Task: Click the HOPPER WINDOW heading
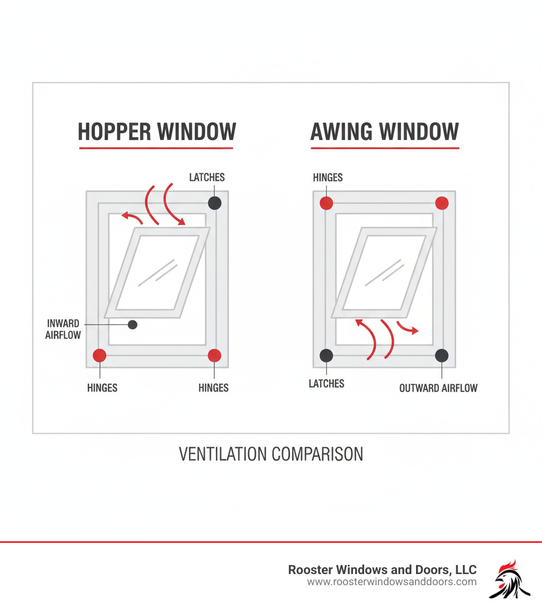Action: click(x=157, y=132)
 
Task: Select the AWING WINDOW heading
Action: click(x=384, y=132)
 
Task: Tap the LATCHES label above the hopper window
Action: click(x=207, y=178)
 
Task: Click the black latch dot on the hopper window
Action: click(x=214, y=203)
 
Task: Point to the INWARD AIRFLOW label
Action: click(x=63, y=329)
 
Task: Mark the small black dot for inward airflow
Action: click(x=133, y=325)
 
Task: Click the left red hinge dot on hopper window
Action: click(x=100, y=355)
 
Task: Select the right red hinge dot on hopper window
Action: click(x=214, y=355)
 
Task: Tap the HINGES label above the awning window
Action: click(x=328, y=178)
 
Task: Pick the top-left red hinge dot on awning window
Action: click(x=327, y=203)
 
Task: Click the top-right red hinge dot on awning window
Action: click(x=442, y=203)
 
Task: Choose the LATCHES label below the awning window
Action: click(x=327, y=384)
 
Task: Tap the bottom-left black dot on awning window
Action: click(x=327, y=355)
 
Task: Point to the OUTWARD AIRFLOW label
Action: click(x=438, y=388)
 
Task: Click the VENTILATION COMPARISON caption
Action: click(x=271, y=454)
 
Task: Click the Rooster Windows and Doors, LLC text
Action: click(x=382, y=570)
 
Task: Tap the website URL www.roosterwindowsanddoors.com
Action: click(x=392, y=582)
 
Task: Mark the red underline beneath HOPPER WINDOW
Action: click(x=156, y=148)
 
